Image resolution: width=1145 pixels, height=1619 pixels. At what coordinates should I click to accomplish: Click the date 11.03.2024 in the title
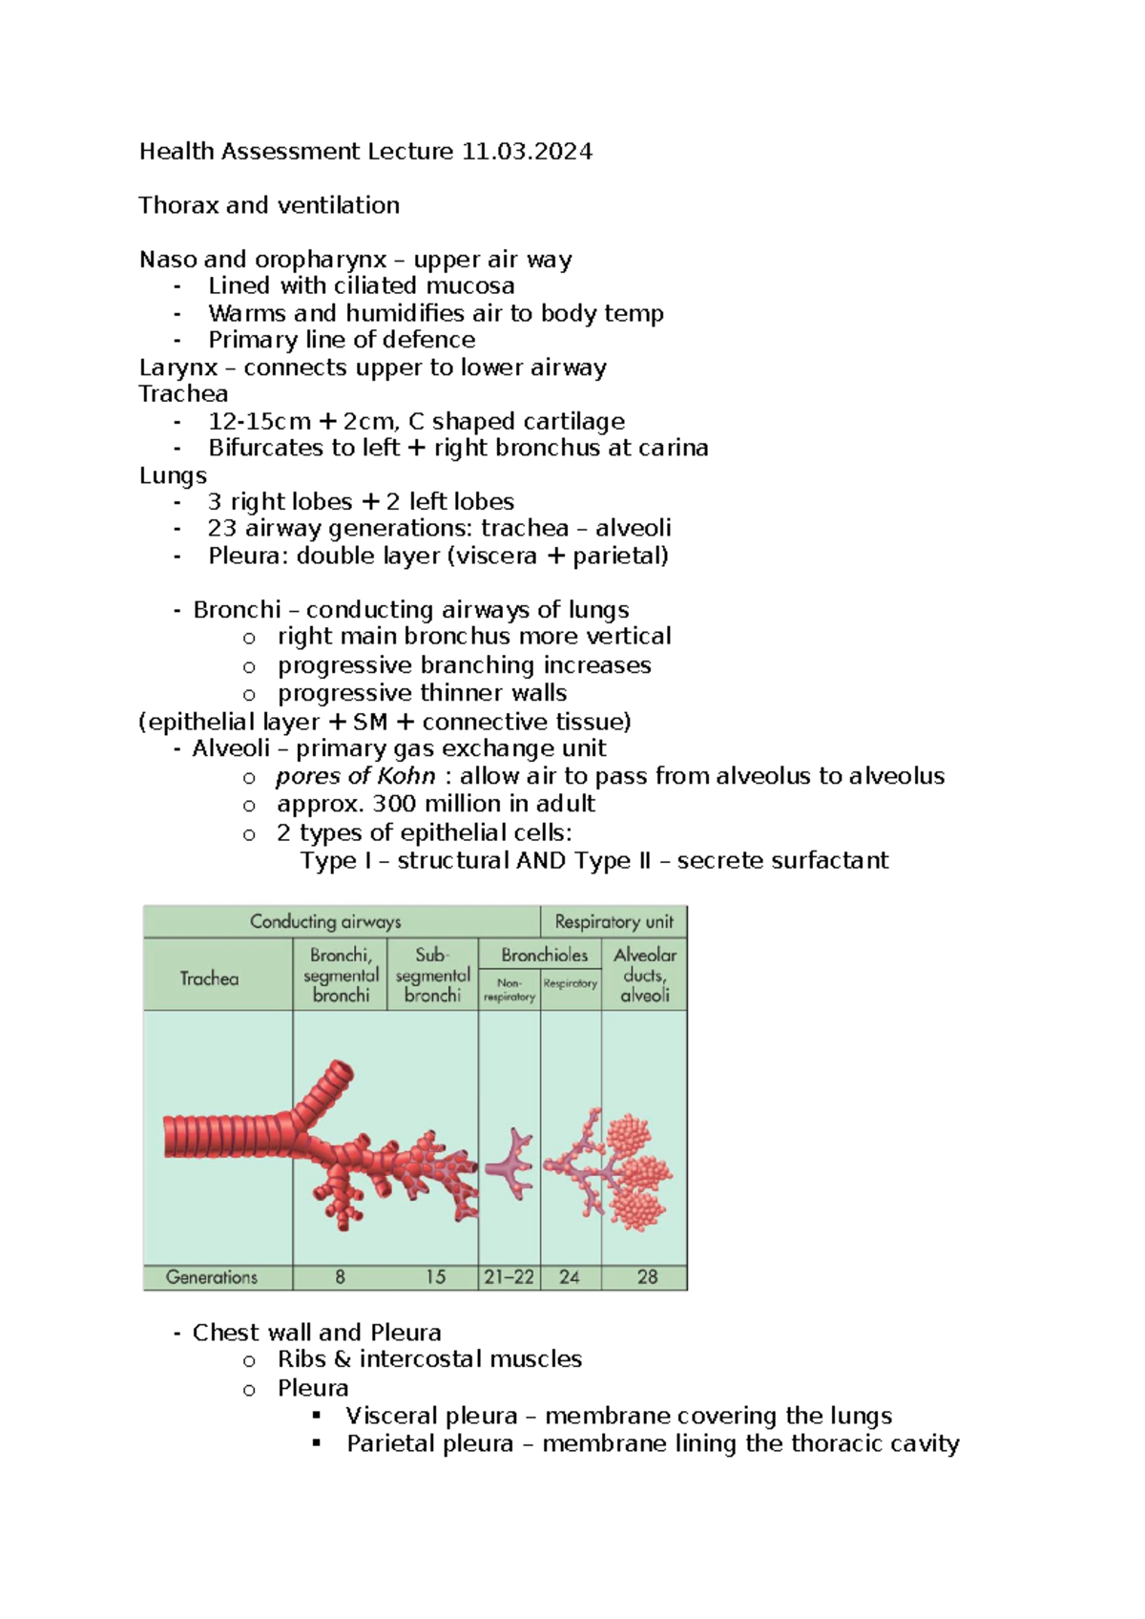click(527, 152)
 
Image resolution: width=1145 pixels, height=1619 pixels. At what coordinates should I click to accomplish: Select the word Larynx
click(178, 368)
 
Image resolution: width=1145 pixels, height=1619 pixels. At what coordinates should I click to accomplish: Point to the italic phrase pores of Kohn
click(356, 776)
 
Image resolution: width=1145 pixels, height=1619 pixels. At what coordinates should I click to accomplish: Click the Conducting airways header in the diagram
click(325, 922)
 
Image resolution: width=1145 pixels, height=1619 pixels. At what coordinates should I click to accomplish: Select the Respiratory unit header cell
click(614, 922)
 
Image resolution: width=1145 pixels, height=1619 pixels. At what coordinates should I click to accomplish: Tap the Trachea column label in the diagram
click(210, 978)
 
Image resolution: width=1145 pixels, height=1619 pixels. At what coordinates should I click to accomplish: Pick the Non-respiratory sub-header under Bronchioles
click(510, 990)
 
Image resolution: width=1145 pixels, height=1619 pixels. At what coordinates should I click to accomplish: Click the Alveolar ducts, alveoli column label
click(645, 975)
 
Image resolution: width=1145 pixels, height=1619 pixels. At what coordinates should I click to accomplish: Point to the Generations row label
click(212, 1277)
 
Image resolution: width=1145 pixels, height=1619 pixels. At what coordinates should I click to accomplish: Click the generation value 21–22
click(509, 1277)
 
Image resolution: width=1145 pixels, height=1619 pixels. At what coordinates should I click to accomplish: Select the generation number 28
click(647, 1277)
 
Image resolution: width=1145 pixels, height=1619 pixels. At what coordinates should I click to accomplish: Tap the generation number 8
click(340, 1277)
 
